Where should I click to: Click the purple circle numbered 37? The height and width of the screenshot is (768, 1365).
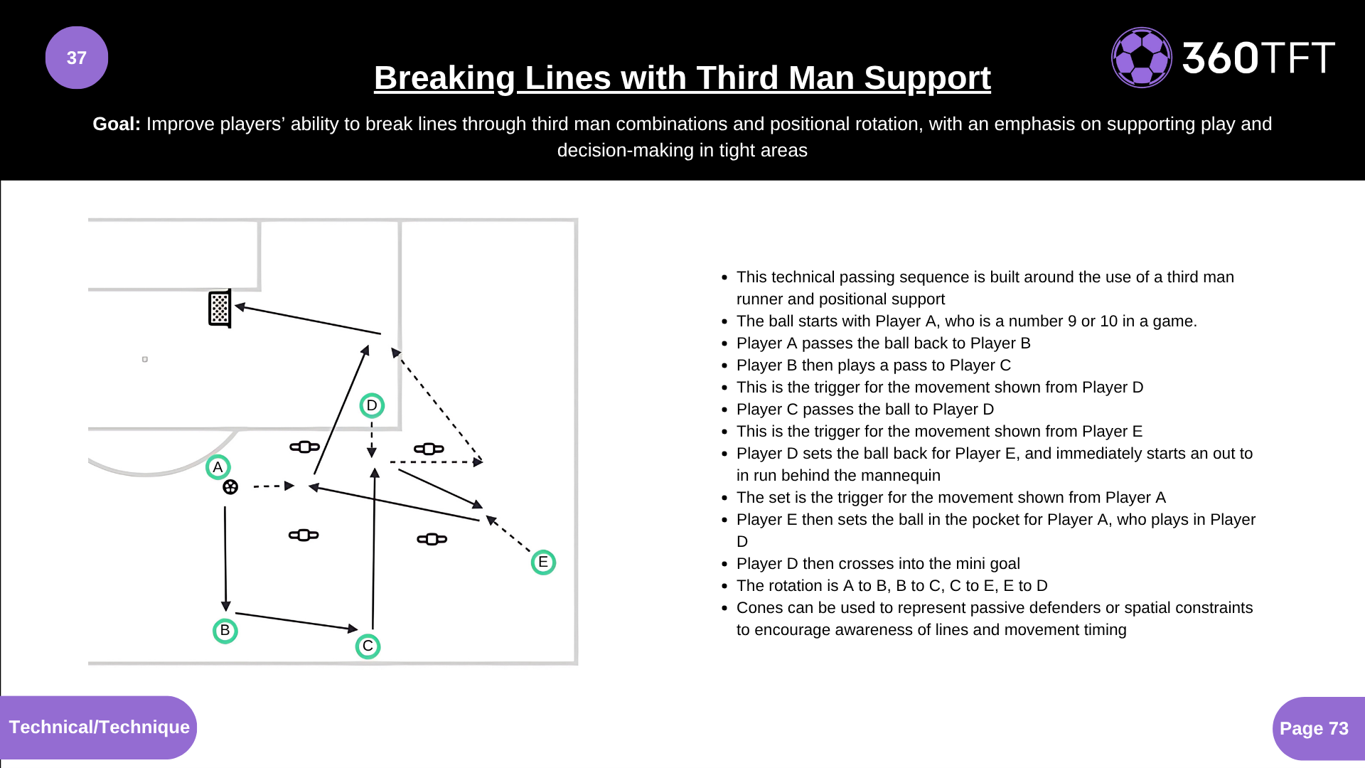77,58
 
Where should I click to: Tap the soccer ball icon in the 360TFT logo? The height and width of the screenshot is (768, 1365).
1141,58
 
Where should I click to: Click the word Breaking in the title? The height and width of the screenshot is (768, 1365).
444,78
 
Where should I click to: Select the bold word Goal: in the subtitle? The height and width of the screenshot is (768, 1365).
117,124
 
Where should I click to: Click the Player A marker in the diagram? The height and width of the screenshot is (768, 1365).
218,467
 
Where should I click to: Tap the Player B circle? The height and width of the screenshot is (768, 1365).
225,631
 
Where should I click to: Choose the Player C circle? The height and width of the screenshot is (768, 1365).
368,646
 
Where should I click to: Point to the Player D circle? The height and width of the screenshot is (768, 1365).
372,405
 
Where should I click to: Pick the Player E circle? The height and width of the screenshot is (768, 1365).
543,562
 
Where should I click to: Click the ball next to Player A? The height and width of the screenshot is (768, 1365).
230,487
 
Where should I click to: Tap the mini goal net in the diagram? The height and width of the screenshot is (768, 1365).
220,309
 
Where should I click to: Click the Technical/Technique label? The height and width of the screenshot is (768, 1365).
99,727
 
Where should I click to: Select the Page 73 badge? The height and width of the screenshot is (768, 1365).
1314,728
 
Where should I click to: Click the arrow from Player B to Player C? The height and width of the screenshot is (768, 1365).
296,622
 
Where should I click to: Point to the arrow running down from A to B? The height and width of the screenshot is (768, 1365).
225,558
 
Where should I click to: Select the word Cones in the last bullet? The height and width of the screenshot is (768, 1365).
758,607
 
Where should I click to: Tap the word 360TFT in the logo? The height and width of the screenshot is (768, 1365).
1258,58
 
